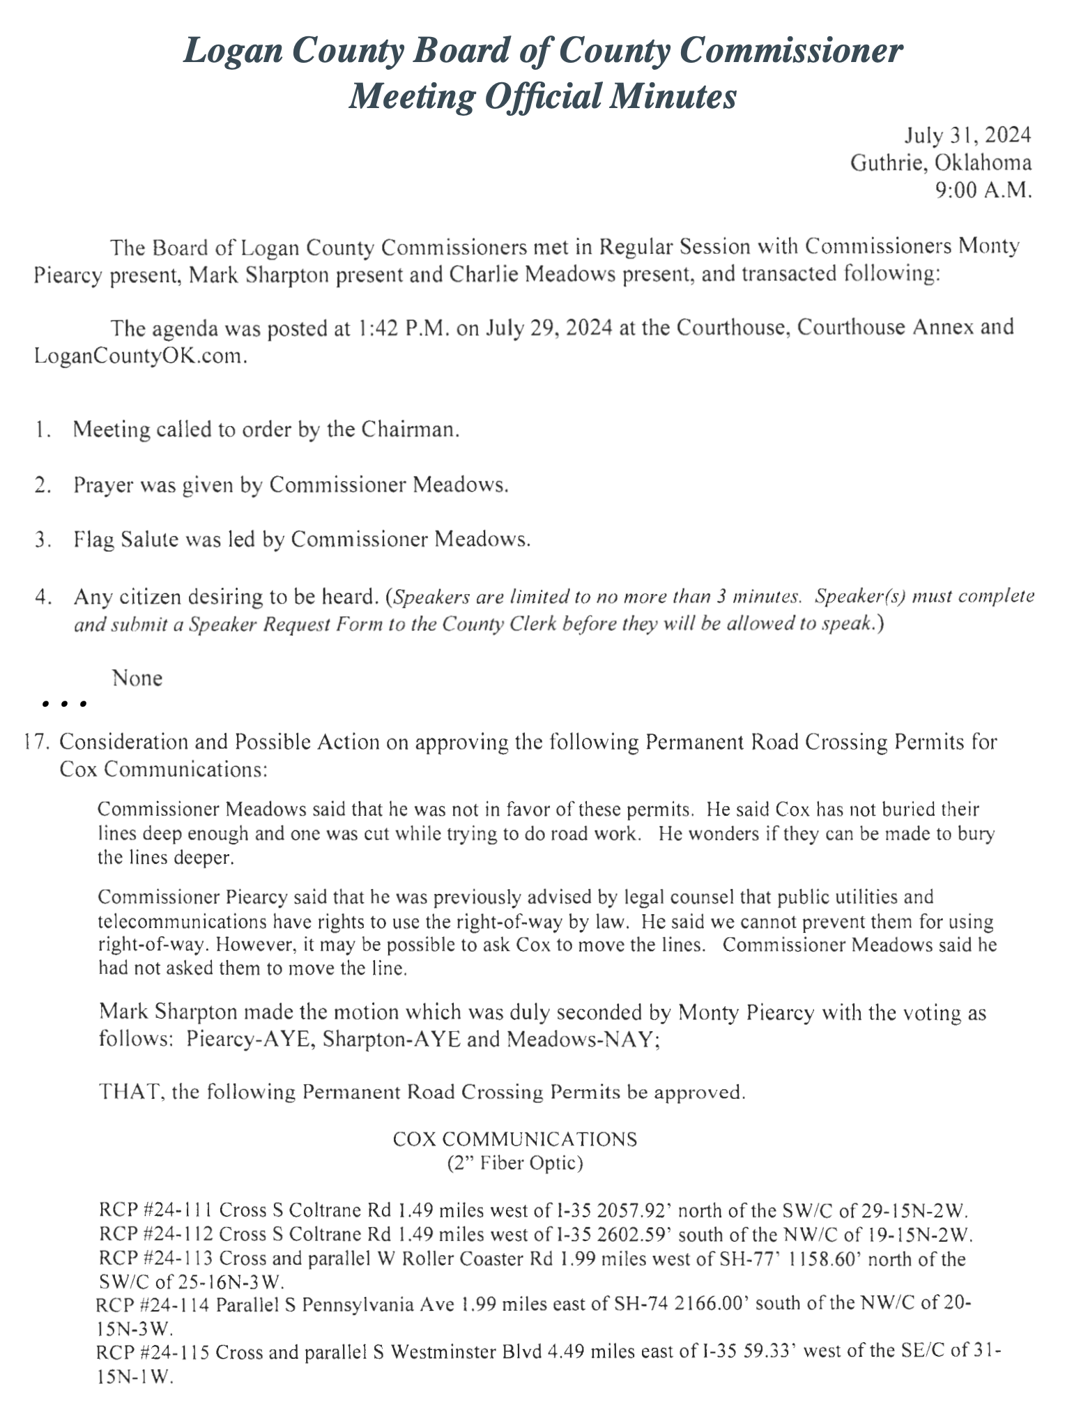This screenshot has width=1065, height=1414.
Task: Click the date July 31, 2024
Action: (x=967, y=135)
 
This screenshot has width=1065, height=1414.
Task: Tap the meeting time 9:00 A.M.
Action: (x=983, y=190)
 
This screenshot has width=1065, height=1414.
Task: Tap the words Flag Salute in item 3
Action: (x=125, y=540)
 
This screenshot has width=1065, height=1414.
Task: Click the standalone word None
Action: (x=137, y=678)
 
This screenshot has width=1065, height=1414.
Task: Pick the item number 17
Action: (x=36, y=742)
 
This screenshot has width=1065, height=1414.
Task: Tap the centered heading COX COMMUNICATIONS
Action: (x=515, y=1139)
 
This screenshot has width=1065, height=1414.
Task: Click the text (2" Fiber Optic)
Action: (x=515, y=1163)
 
